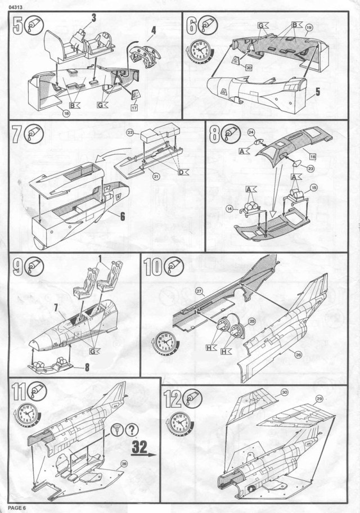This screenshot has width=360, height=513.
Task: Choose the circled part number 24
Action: (x=251, y=133)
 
